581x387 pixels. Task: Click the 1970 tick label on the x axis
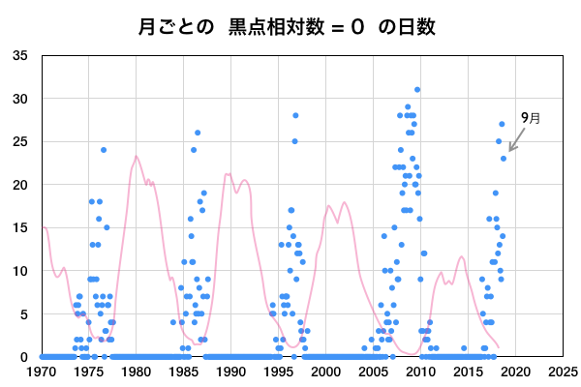[x=42, y=371]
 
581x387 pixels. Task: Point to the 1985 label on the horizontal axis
[x=184, y=371]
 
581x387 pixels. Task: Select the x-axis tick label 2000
[x=326, y=371]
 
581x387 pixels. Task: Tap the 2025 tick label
[x=563, y=371]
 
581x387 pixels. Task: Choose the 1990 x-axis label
[x=231, y=371]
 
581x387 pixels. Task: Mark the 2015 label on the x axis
[x=469, y=371]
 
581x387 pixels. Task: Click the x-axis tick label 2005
[x=374, y=371]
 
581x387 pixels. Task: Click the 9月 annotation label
[x=530, y=117]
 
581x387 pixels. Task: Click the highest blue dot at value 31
[x=417, y=90]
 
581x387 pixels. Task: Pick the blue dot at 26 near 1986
[x=198, y=133]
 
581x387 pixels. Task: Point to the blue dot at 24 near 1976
[x=104, y=150]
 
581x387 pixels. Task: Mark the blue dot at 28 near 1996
[x=295, y=115]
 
